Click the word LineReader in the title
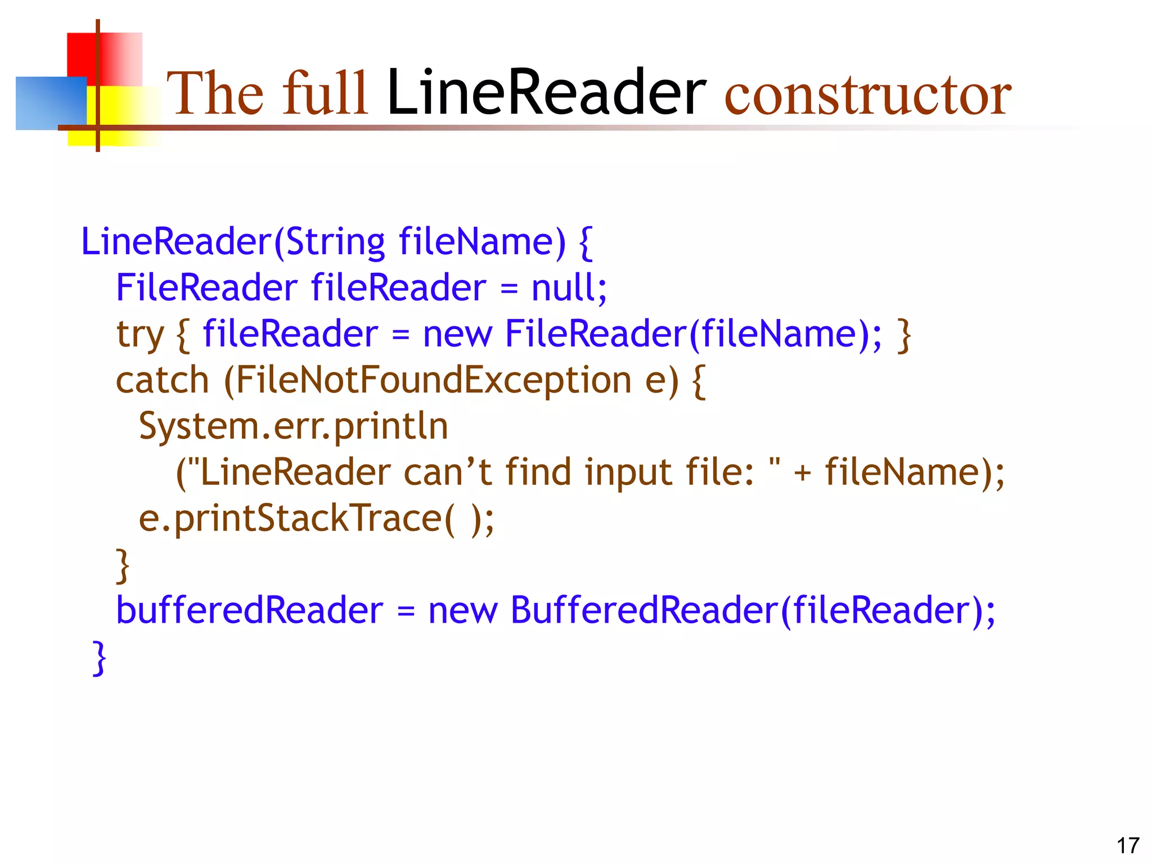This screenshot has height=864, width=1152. (546, 93)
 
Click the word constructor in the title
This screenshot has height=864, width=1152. (867, 96)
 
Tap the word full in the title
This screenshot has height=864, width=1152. (325, 93)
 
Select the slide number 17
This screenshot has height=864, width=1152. (1127, 845)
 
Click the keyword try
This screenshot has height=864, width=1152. (139, 335)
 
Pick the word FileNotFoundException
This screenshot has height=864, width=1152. (433, 381)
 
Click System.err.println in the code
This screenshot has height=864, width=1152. (293, 426)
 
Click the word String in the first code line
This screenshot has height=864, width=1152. (335, 242)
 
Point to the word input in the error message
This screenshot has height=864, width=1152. (628, 472)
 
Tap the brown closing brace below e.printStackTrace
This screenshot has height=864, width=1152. (122, 565)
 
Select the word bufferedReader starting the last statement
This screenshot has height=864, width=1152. (249, 610)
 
